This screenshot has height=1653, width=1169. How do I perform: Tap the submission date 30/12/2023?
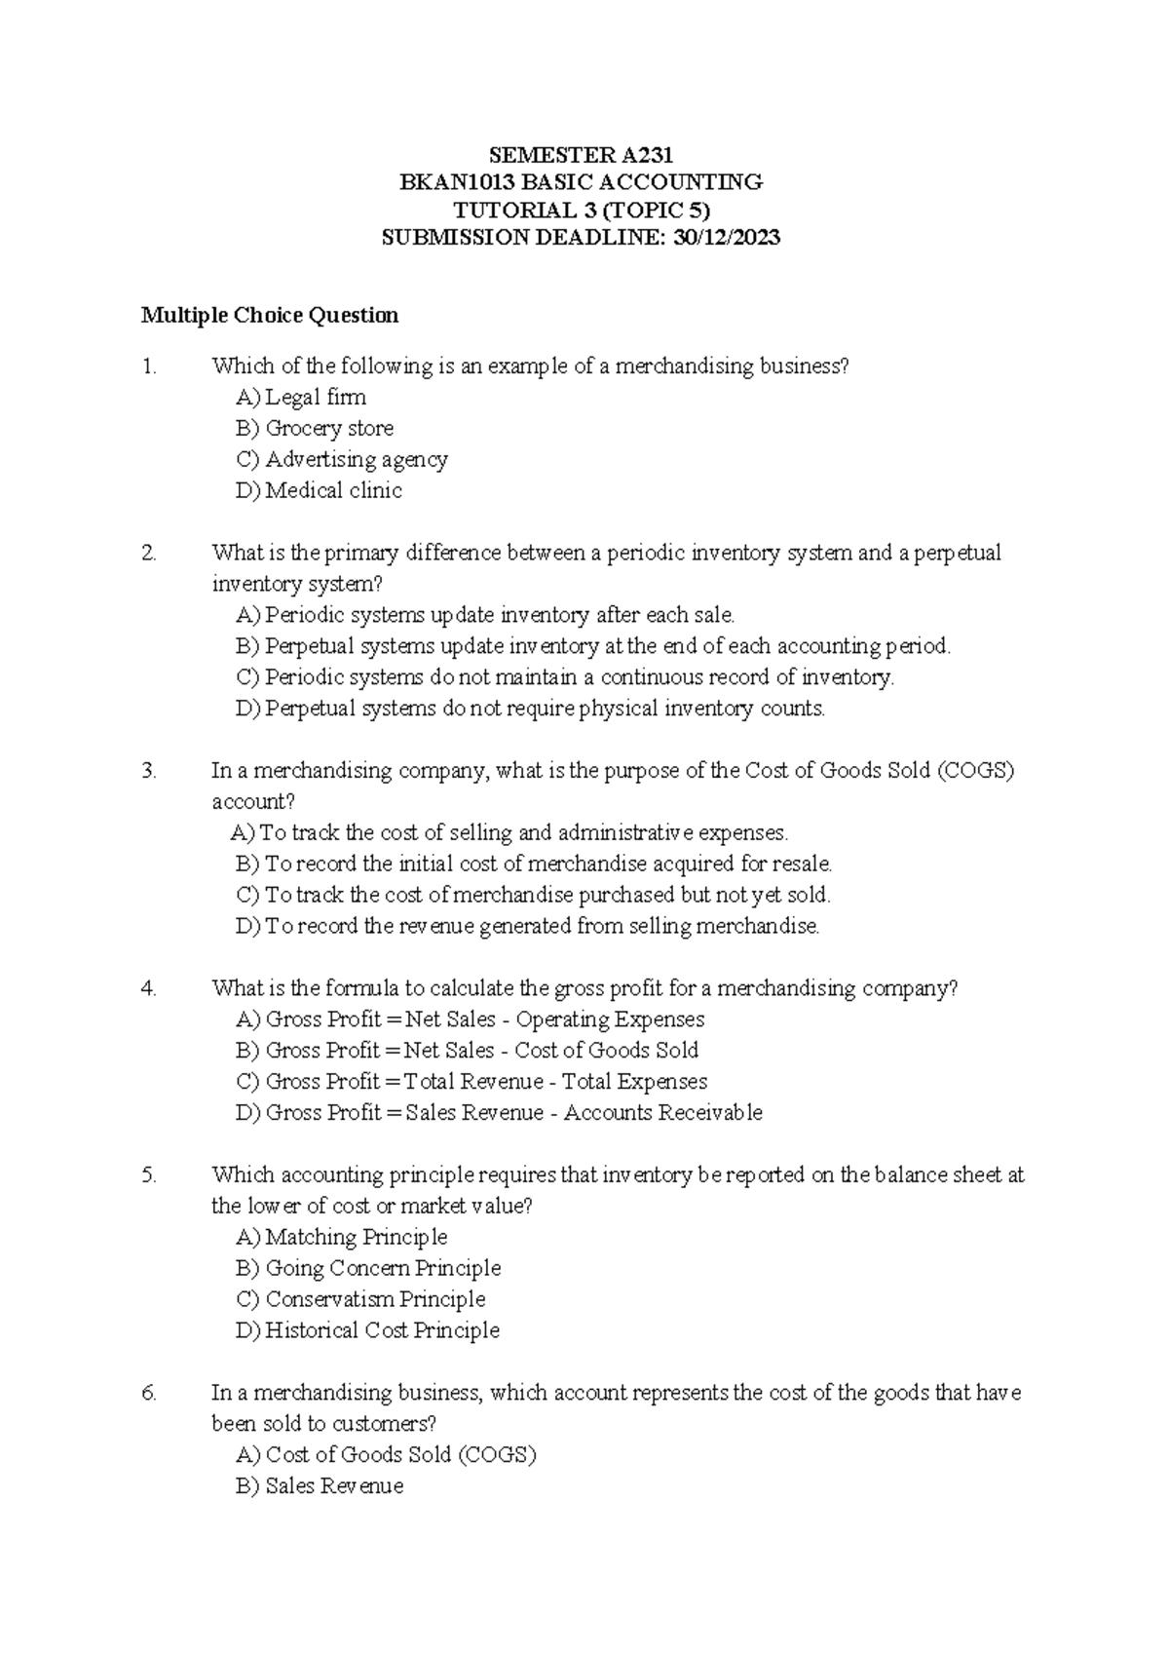pos(726,237)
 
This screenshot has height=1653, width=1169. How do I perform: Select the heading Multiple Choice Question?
pos(270,315)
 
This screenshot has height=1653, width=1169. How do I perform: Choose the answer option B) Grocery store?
pos(315,428)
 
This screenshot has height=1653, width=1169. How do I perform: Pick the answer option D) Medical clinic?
pos(319,490)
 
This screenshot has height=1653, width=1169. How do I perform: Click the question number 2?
pos(148,553)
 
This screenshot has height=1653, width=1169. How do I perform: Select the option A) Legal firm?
pos(301,397)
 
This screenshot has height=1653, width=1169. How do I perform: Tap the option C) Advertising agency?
pos(342,459)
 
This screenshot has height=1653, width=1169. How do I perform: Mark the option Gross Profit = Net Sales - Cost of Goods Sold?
pos(468,1050)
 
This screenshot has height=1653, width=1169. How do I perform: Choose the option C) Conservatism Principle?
pos(360,1299)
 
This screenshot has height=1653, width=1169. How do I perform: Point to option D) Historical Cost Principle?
pos(367,1330)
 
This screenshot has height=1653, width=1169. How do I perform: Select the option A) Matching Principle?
pos(342,1237)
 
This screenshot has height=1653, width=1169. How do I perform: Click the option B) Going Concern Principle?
pos(368,1268)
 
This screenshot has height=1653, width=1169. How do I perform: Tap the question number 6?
pos(148,1393)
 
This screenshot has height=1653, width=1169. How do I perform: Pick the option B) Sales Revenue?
pos(320,1486)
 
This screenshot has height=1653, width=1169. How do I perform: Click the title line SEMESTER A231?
pos(581,155)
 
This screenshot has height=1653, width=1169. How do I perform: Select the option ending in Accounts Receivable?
pos(499,1112)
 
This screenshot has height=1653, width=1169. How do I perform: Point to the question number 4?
pos(148,988)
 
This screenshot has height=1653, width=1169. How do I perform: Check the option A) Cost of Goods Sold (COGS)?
pos(386,1455)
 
